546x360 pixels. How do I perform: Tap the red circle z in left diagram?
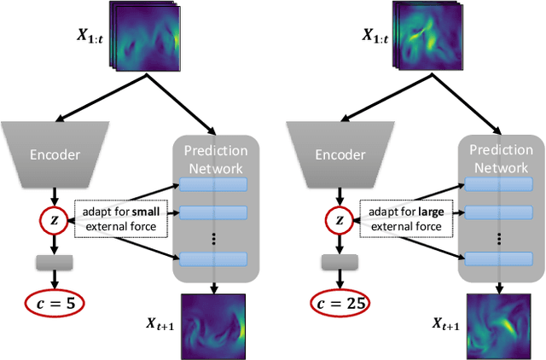click(54, 220)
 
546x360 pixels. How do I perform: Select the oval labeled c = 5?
click(54, 302)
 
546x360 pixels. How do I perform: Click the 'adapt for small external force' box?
click(123, 219)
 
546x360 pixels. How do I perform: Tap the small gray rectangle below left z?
click(54, 262)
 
